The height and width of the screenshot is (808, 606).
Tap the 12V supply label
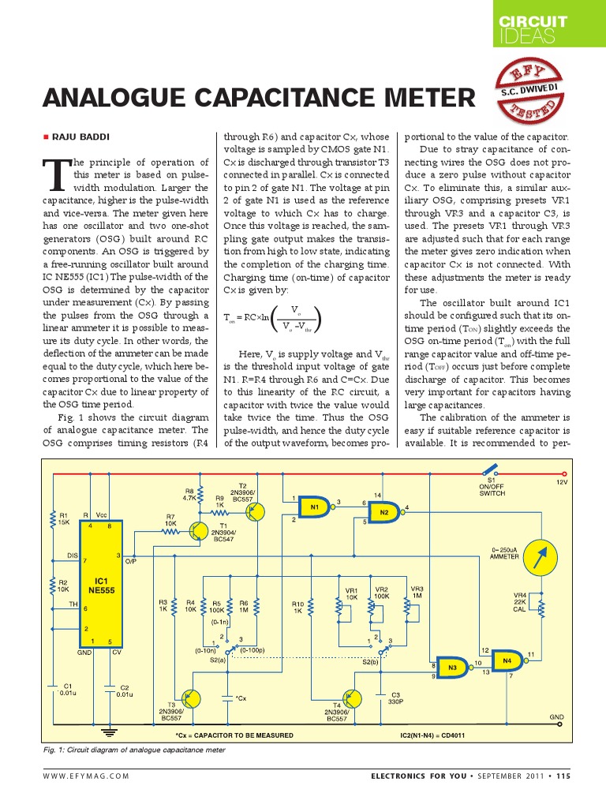(x=561, y=481)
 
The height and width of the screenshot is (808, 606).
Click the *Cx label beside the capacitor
(x=241, y=698)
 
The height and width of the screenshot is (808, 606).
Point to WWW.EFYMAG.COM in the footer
(x=87, y=776)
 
